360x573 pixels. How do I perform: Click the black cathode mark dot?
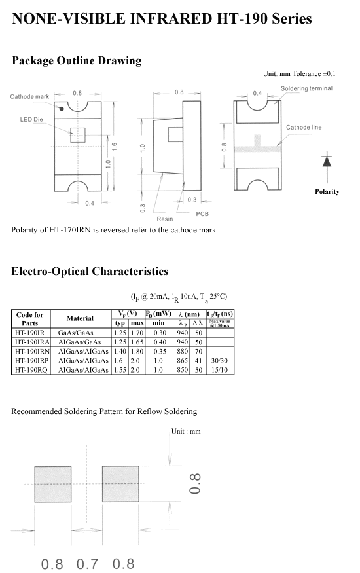62,109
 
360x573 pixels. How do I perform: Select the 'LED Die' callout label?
31,119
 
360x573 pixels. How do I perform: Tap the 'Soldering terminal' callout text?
307,88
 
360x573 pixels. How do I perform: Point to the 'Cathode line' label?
304,127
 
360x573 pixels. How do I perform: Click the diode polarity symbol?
327,161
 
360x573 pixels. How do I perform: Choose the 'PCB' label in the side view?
202,213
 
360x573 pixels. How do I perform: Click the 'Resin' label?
165,219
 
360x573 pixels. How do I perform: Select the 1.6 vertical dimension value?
115,147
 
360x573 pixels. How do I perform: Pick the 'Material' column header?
80,318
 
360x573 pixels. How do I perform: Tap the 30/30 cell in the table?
219,361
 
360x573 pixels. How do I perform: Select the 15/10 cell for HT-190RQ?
219,370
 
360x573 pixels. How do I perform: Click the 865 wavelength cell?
182,361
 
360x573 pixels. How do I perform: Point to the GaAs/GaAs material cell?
75,333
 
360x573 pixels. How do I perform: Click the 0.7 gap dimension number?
87,564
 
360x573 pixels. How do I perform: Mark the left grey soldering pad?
53,484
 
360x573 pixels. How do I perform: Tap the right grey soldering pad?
120,484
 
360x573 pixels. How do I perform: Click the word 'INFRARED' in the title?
170,18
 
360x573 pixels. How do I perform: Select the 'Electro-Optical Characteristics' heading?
90,272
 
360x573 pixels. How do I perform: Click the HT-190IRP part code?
32,361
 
